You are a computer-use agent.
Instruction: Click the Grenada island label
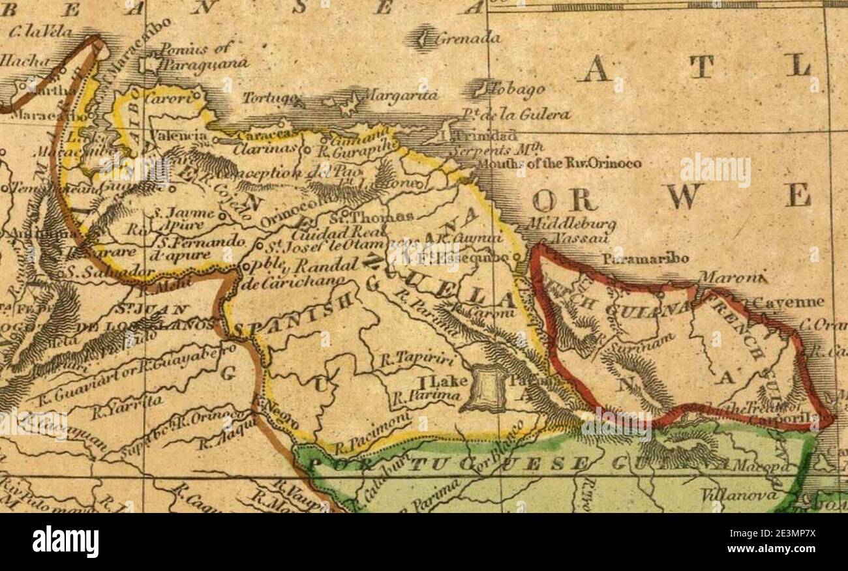(x=468, y=38)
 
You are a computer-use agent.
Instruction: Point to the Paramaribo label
(x=644, y=259)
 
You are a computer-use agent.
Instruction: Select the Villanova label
(x=739, y=496)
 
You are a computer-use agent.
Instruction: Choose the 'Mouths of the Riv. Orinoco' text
(x=558, y=163)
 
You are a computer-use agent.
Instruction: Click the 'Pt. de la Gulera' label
(x=515, y=115)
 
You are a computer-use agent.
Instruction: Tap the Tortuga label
(x=272, y=98)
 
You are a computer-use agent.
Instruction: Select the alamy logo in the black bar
(x=65, y=542)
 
